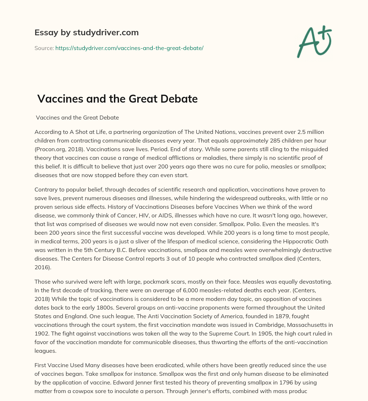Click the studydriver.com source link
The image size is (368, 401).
point(129,48)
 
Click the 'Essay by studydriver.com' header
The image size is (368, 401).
point(86,33)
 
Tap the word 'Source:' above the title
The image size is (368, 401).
point(44,48)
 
